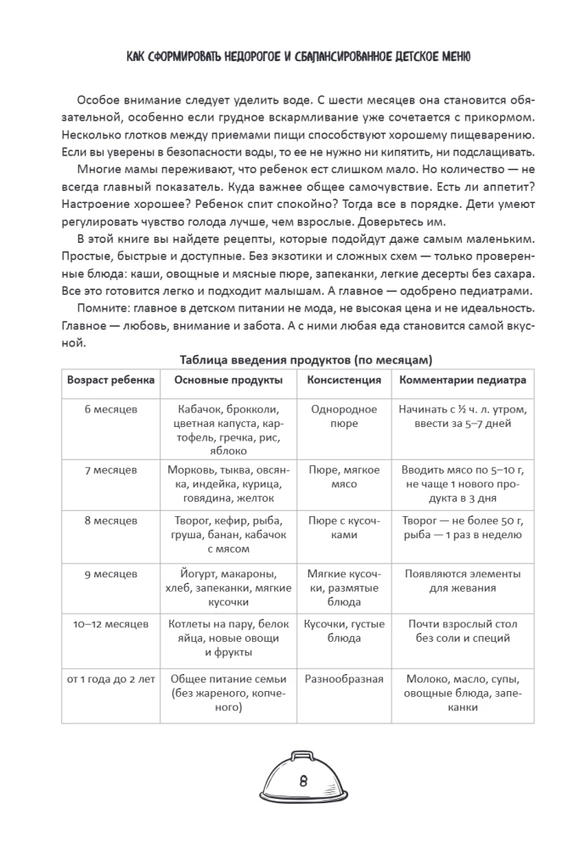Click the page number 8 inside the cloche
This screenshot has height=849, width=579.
pos(303,780)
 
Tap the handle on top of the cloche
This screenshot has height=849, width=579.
pos(303,753)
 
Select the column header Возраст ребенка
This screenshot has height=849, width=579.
pos(111,380)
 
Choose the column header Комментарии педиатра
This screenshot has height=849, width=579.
pos(463,380)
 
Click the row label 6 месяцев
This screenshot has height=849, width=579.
pos(111,409)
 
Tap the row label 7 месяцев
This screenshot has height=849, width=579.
pos(111,469)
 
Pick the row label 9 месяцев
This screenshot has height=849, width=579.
pos(111,574)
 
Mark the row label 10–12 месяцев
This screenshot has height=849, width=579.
pos(111,624)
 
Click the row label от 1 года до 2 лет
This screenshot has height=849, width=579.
pos(111,679)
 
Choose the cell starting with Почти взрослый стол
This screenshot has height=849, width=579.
pos(463,631)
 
